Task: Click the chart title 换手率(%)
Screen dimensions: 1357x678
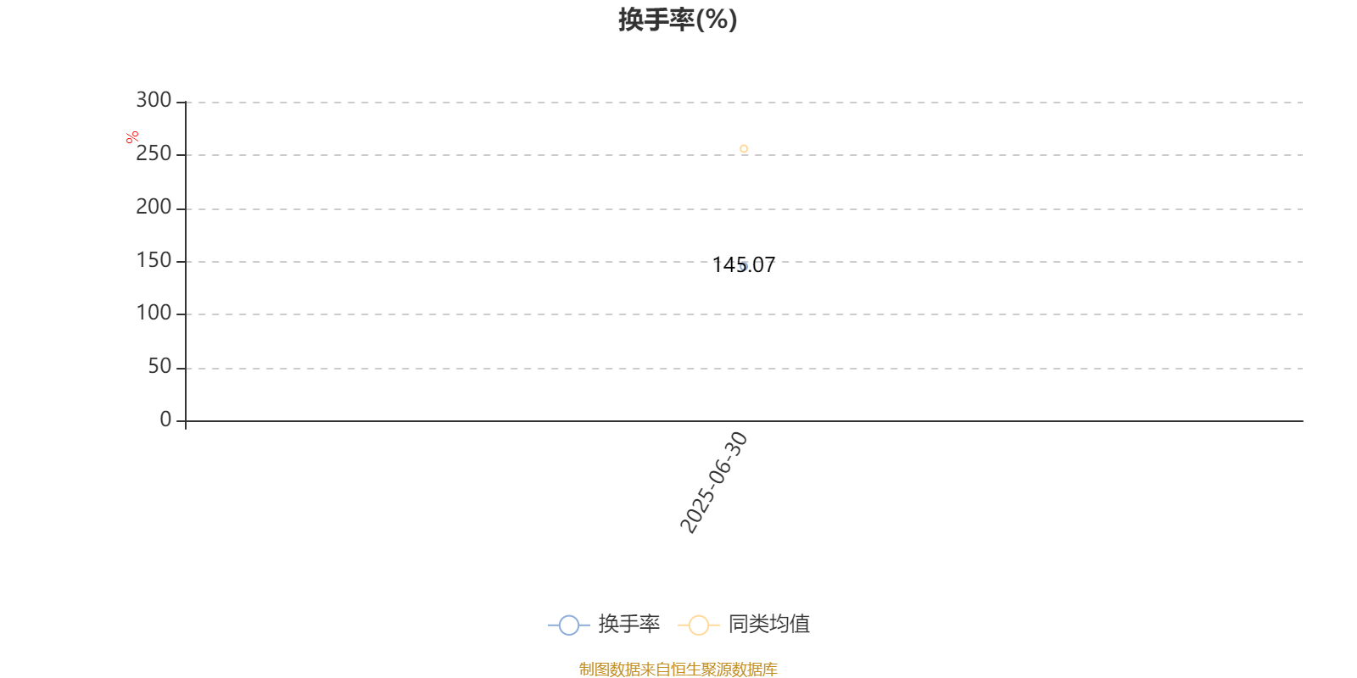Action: click(x=678, y=20)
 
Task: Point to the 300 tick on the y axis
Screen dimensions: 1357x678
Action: click(x=154, y=100)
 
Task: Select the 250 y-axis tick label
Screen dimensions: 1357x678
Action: click(x=154, y=153)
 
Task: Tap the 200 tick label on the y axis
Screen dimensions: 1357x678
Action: click(x=154, y=207)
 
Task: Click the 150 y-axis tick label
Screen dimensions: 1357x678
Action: click(x=154, y=260)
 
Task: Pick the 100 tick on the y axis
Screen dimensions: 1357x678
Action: click(x=154, y=313)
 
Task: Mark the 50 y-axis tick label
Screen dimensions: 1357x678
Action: click(x=160, y=366)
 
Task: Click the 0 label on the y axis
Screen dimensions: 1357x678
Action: click(x=165, y=419)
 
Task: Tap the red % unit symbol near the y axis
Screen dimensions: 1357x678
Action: click(x=132, y=137)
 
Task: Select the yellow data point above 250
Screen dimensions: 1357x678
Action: click(x=744, y=149)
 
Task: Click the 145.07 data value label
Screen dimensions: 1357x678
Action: click(x=743, y=265)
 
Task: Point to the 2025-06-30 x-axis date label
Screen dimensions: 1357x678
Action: click(x=714, y=482)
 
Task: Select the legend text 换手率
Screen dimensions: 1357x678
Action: click(x=628, y=624)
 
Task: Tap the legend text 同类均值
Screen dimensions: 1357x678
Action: click(x=768, y=624)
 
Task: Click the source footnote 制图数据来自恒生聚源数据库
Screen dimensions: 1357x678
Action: click(x=678, y=669)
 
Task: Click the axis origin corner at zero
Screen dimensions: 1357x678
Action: click(x=186, y=420)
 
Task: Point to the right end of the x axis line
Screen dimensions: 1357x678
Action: click(x=1303, y=420)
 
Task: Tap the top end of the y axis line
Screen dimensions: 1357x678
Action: click(x=186, y=102)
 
